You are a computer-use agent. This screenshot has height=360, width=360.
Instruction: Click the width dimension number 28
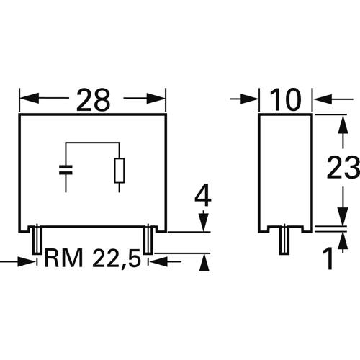(x=92, y=100)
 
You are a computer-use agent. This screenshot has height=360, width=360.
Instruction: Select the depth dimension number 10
(x=284, y=100)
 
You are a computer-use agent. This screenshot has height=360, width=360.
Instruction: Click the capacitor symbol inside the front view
(x=66, y=171)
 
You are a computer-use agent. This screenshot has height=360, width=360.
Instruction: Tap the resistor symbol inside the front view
(x=119, y=170)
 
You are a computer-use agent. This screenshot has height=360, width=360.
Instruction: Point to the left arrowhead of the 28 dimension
(x=27, y=99)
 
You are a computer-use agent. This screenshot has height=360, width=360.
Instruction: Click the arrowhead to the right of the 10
(x=320, y=99)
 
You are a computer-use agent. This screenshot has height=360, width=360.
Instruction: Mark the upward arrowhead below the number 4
(x=204, y=264)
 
